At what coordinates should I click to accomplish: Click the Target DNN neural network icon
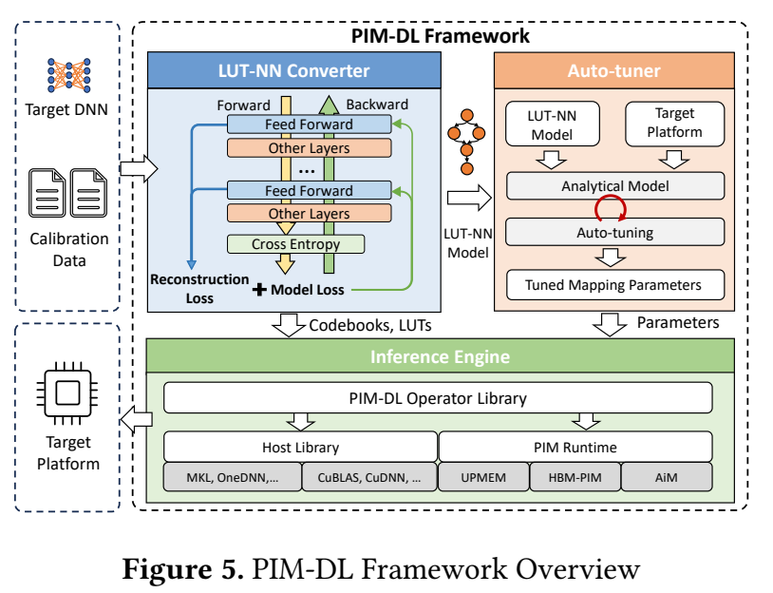tap(69, 75)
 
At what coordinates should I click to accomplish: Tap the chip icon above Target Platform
tap(67, 393)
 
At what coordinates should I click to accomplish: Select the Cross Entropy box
tap(295, 244)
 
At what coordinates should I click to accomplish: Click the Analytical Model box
tap(615, 186)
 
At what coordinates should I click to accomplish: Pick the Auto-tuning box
tap(615, 232)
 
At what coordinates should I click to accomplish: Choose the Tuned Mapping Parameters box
tap(615, 285)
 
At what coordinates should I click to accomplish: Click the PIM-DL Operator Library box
tap(438, 397)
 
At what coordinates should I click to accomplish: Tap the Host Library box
tap(301, 447)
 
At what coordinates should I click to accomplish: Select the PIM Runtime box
tap(575, 447)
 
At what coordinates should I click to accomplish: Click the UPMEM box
tap(483, 477)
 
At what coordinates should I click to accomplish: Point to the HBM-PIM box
tap(575, 477)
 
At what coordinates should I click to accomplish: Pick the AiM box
tap(667, 477)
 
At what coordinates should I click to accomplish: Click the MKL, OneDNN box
tap(233, 477)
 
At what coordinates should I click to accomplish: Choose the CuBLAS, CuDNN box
tap(369, 477)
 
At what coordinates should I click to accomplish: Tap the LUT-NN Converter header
tap(294, 70)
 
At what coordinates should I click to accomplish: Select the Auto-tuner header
tap(614, 70)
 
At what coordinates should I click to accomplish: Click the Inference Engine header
tap(441, 356)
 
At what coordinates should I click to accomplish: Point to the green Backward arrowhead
tap(329, 105)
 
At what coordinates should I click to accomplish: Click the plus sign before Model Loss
tap(259, 290)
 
